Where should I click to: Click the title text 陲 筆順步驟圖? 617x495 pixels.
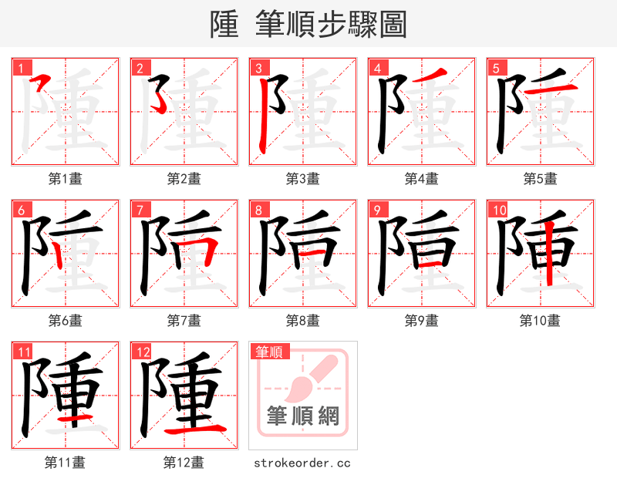pyautogui.click(x=308, y=24)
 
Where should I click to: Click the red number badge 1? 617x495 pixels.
pyautogui.click(x=20, y=67)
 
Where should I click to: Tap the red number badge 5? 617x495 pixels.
pyautogui.click(x=495, y=67)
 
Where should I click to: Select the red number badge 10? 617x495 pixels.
pyautogui.click(x=498, y=210)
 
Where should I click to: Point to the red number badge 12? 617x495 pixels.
pyautogui.click(x=142, y=352)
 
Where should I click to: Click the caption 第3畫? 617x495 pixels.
pyautogui.click(x=302, y=179)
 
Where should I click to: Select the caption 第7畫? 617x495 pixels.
pyautogui.click(x=184, y=321)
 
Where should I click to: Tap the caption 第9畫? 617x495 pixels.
pyautogui.click(x=421, y=321)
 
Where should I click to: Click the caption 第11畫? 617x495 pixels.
pyautogui.click(x=65, y=463)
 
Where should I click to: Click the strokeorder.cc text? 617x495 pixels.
pyautogui.click(x=302, y=463)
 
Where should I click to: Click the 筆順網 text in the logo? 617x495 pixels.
pyautogui.click(x=302, y=417)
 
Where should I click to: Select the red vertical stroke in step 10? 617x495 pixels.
pyautogui.click(x=548, y=251)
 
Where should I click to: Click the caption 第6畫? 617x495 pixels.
pyautogui.click(x=65, y=321)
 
